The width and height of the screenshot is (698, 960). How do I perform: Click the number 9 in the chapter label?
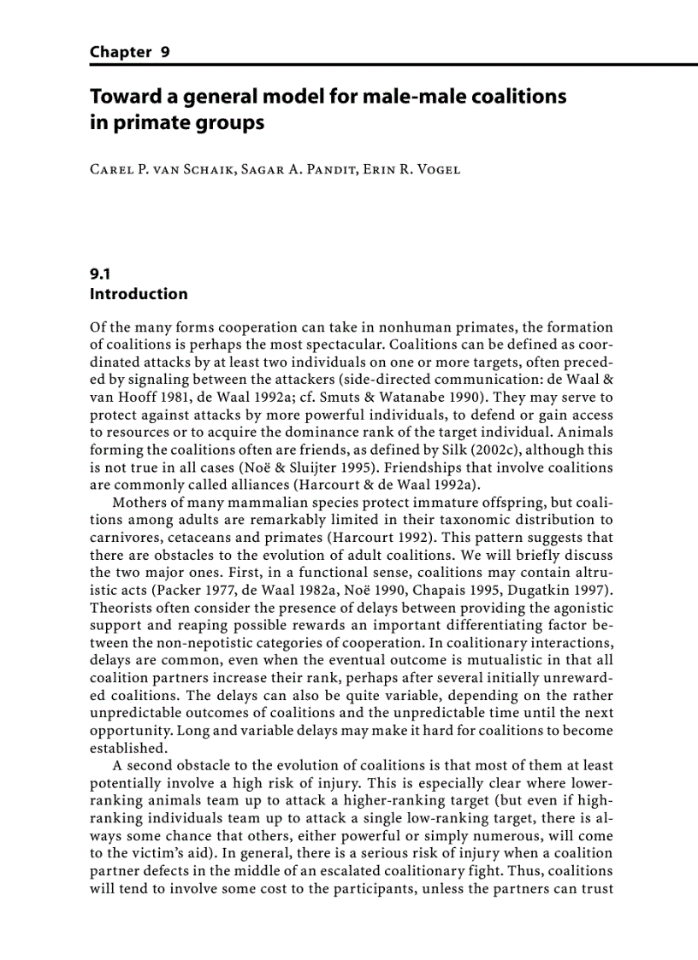tap(163, 52)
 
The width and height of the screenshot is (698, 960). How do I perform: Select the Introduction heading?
tap(139, 294)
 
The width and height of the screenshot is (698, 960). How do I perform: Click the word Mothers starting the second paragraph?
tap(143, 503)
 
